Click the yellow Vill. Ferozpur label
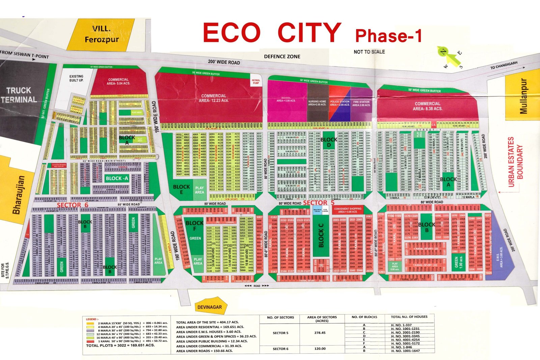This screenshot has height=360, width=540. click(x=102, y=34)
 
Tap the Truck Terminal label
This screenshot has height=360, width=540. click(x=19, y=95)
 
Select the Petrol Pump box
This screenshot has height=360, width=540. click(x=256, y=82)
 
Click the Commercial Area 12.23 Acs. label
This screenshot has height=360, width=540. click(x=214, y=98)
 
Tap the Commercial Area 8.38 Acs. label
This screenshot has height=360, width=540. click(x=428, y=106)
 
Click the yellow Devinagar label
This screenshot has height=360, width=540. click(x=210, y=307)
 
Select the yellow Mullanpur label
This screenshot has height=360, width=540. click(x=523, y=96)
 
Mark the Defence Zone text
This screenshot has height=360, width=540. click(x=282, y=57)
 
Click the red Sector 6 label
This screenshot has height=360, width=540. click(x=73, y=205)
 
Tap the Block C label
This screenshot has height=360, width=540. click(x=321, y=236)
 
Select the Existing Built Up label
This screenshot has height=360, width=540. click(x=76, y=78)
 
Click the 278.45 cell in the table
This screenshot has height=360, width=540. click(x=320, y=333)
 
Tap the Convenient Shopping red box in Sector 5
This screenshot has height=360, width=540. click(x=348, y=210)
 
